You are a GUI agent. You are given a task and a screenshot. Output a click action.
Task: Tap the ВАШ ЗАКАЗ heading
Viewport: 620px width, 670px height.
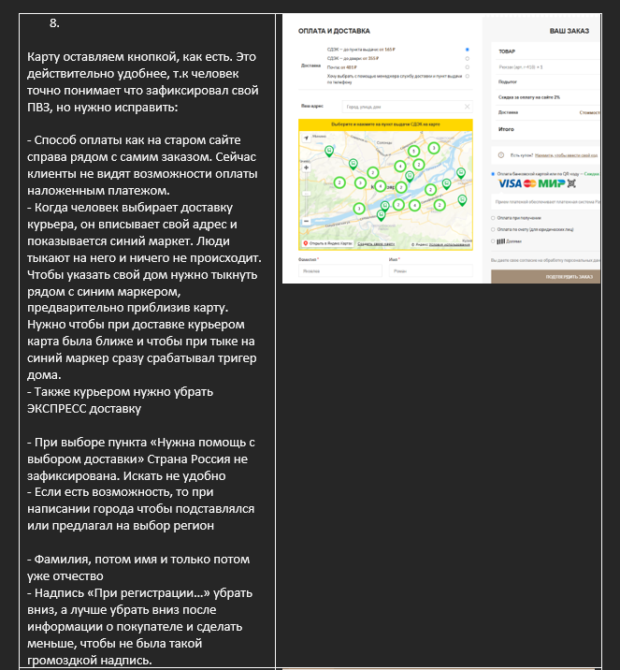click(569, 31)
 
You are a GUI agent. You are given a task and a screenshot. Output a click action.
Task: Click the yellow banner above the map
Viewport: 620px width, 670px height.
click(385, 124)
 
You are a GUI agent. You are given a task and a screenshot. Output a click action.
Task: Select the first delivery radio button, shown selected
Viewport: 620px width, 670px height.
click(467, 49)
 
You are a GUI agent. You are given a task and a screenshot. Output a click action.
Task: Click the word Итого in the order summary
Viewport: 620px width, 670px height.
click(507, 128)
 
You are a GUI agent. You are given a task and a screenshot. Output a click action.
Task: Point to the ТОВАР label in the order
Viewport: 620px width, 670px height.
click(507, 52)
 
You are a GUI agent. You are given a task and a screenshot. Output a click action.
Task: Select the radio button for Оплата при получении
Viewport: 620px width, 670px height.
click(493, 217)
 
